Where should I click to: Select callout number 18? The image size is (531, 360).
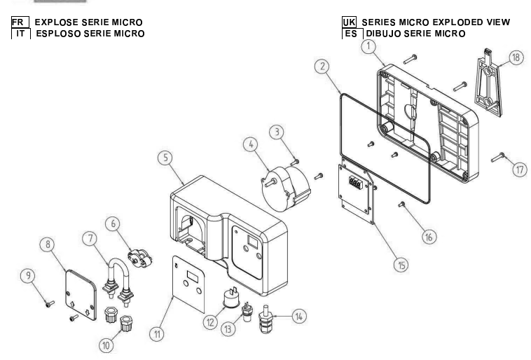517,58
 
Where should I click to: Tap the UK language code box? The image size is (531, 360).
346,22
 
